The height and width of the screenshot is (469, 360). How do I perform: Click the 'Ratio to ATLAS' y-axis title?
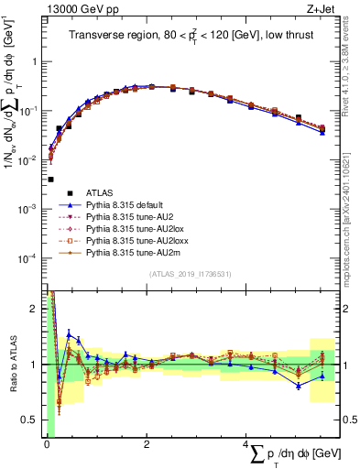pos(11,362)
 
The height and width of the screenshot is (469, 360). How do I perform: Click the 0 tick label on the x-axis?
pos(46,443)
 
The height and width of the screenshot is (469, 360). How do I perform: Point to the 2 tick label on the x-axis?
pos(147,443)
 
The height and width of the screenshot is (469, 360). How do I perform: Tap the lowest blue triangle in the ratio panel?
pos(299,386)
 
